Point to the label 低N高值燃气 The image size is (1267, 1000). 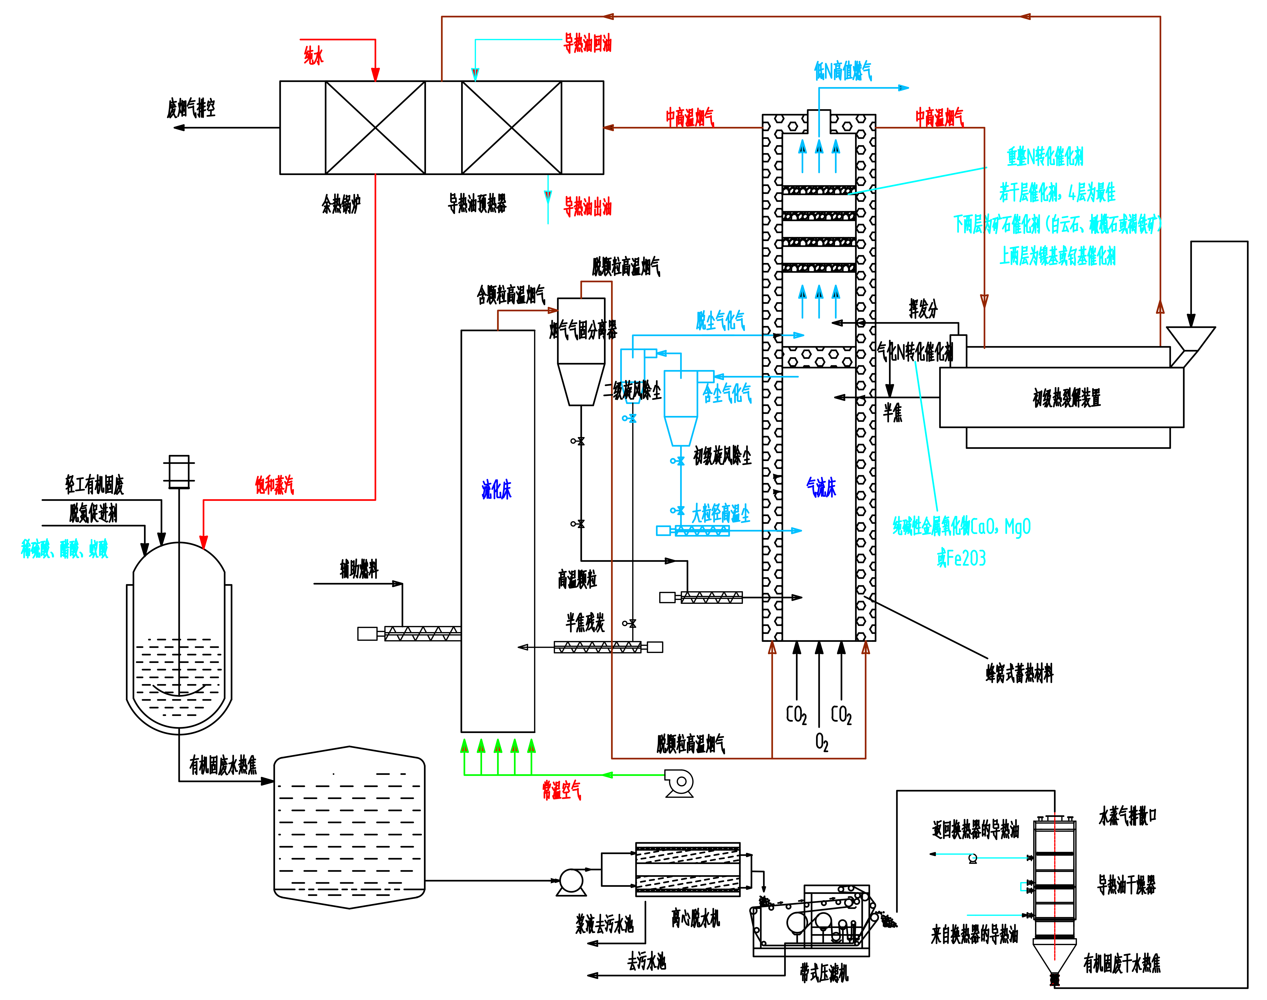pyautogui.click(x=843, y=71)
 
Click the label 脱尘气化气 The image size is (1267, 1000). pyautogui.click(x=720, y=320)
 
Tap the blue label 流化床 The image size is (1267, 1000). pyautogui.click(x=496, y=489)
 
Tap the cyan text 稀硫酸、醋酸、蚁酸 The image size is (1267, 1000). pyautogui.click(x=64, y=549)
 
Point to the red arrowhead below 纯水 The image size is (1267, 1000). pyautogui.click(x=375, y=75)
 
